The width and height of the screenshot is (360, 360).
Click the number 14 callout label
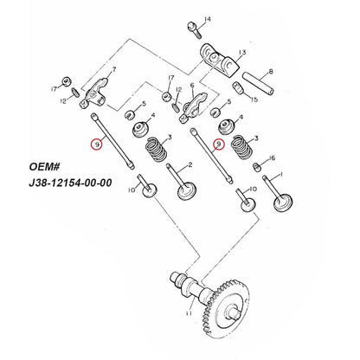point(207,20)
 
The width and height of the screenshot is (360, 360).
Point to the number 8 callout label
point(271,72)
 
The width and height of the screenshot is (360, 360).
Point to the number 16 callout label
point(273,158)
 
